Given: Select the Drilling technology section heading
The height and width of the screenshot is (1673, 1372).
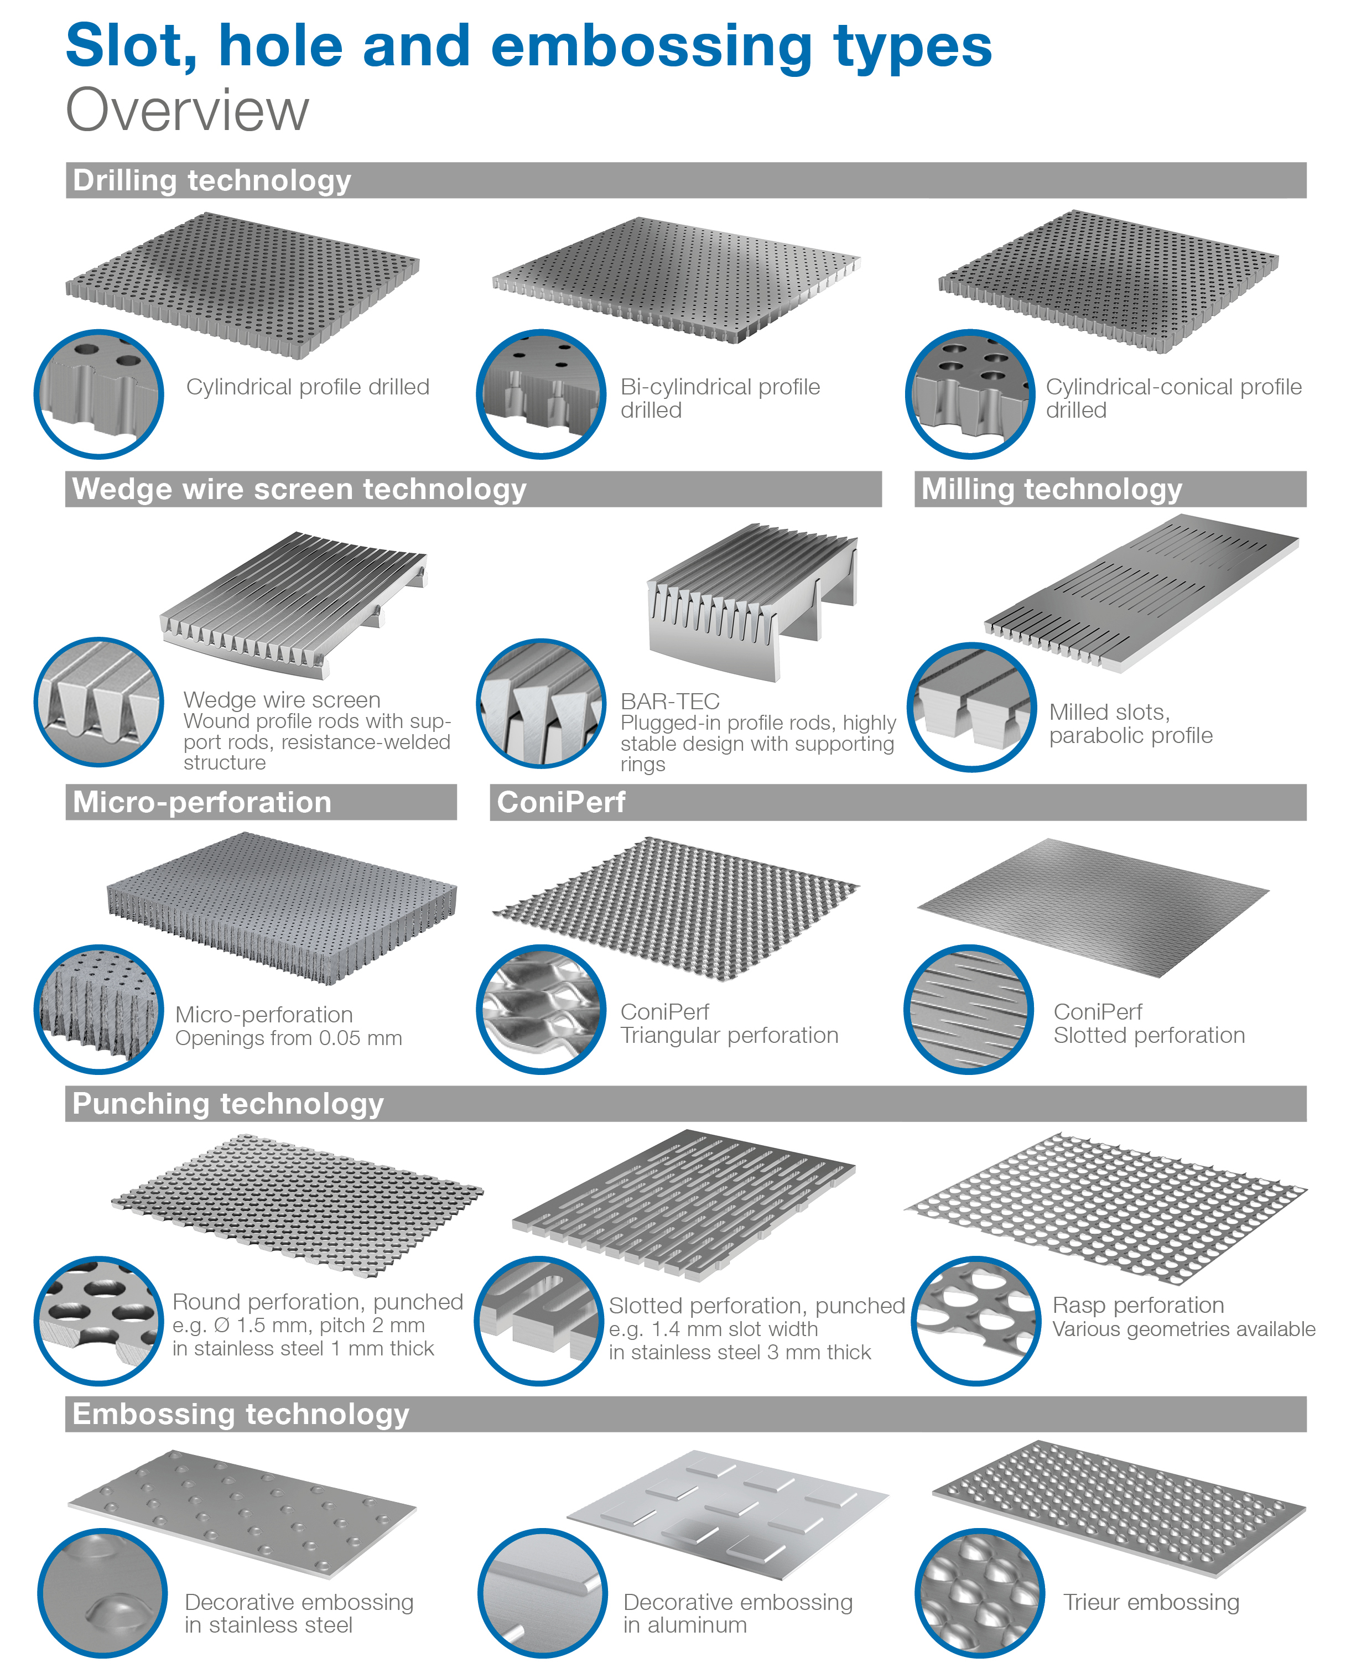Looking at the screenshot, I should click(212, 181).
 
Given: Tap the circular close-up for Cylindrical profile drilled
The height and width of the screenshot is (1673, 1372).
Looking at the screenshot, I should click(99, 393).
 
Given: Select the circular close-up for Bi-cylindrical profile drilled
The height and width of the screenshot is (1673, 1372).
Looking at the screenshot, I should click(541, 393).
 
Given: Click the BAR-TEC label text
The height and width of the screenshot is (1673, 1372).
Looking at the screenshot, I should click(669, 701).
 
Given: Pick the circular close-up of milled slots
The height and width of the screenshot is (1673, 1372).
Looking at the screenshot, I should click(971, 706).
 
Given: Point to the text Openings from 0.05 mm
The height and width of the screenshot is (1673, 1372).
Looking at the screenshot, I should click(288, 1038).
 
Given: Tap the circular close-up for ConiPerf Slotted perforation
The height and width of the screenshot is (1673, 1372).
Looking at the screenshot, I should click(968, 1009).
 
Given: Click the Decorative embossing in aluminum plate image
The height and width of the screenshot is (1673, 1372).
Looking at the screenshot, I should click(727, 1513).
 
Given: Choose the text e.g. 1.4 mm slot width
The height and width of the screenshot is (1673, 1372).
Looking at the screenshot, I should click(713, 1329).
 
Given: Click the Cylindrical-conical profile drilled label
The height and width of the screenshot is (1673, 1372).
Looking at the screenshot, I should click(1173, 398).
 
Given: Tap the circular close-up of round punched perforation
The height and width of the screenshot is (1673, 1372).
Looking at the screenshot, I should click(99, 1321).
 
